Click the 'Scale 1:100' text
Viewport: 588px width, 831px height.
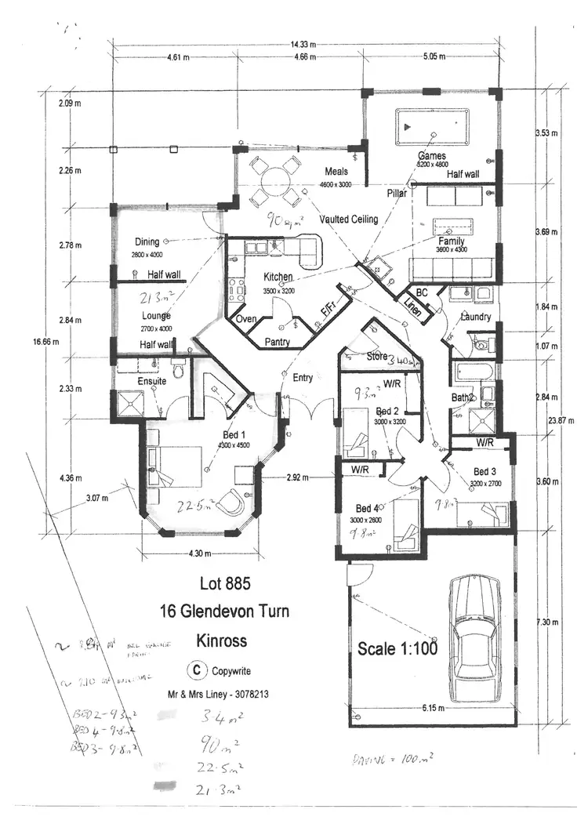[397, 648]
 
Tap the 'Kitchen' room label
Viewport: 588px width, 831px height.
[278, 277]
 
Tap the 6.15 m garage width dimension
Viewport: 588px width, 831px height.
[430, 708]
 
